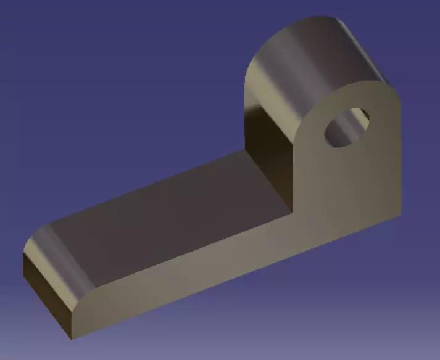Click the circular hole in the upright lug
[346, 128]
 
